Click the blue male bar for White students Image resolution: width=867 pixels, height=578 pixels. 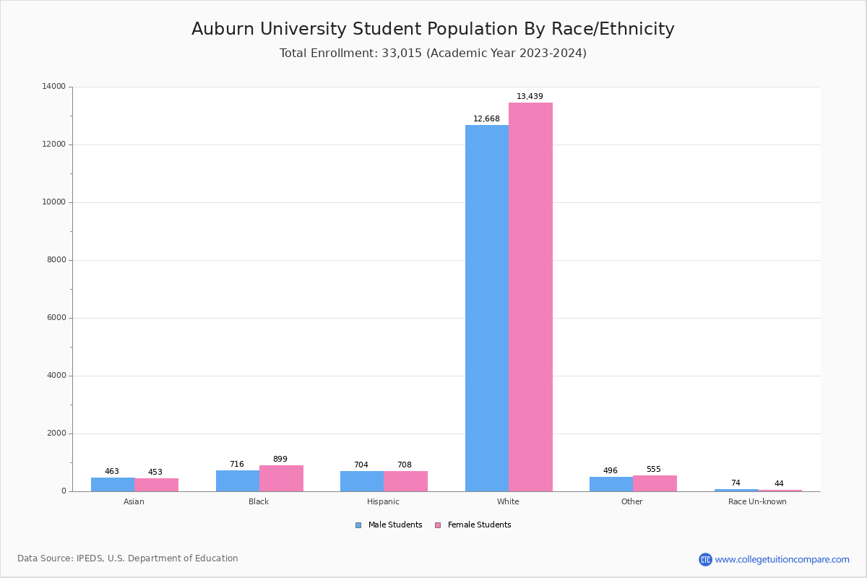click(487, 308)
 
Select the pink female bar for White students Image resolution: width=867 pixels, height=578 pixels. click(530, 297)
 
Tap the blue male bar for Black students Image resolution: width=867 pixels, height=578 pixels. click(238, 481)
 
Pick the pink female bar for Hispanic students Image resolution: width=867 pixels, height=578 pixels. click(406, 481)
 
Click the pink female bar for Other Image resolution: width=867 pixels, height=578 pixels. click(655, 483)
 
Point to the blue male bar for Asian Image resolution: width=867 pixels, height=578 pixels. click(113, 484)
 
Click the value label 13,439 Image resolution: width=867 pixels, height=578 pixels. click(530, 97)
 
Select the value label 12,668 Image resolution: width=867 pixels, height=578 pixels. click(486, 119)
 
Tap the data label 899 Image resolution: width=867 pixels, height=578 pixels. click(280, 460)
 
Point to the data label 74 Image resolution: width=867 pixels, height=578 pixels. click(736, 483)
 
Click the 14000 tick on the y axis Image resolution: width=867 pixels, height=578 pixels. click(54, 87)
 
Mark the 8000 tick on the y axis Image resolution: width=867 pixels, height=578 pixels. click(56, 260)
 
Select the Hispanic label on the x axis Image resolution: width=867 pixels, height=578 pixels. click(383, 501)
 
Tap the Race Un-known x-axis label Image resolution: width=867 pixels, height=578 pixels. click(757, 501)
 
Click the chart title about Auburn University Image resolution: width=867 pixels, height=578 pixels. click(433, 29)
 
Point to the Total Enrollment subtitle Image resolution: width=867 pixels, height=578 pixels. click(433, 53)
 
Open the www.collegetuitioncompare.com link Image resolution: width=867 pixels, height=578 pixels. click(782, 559)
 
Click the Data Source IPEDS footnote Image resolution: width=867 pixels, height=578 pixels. click(128, 558)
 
